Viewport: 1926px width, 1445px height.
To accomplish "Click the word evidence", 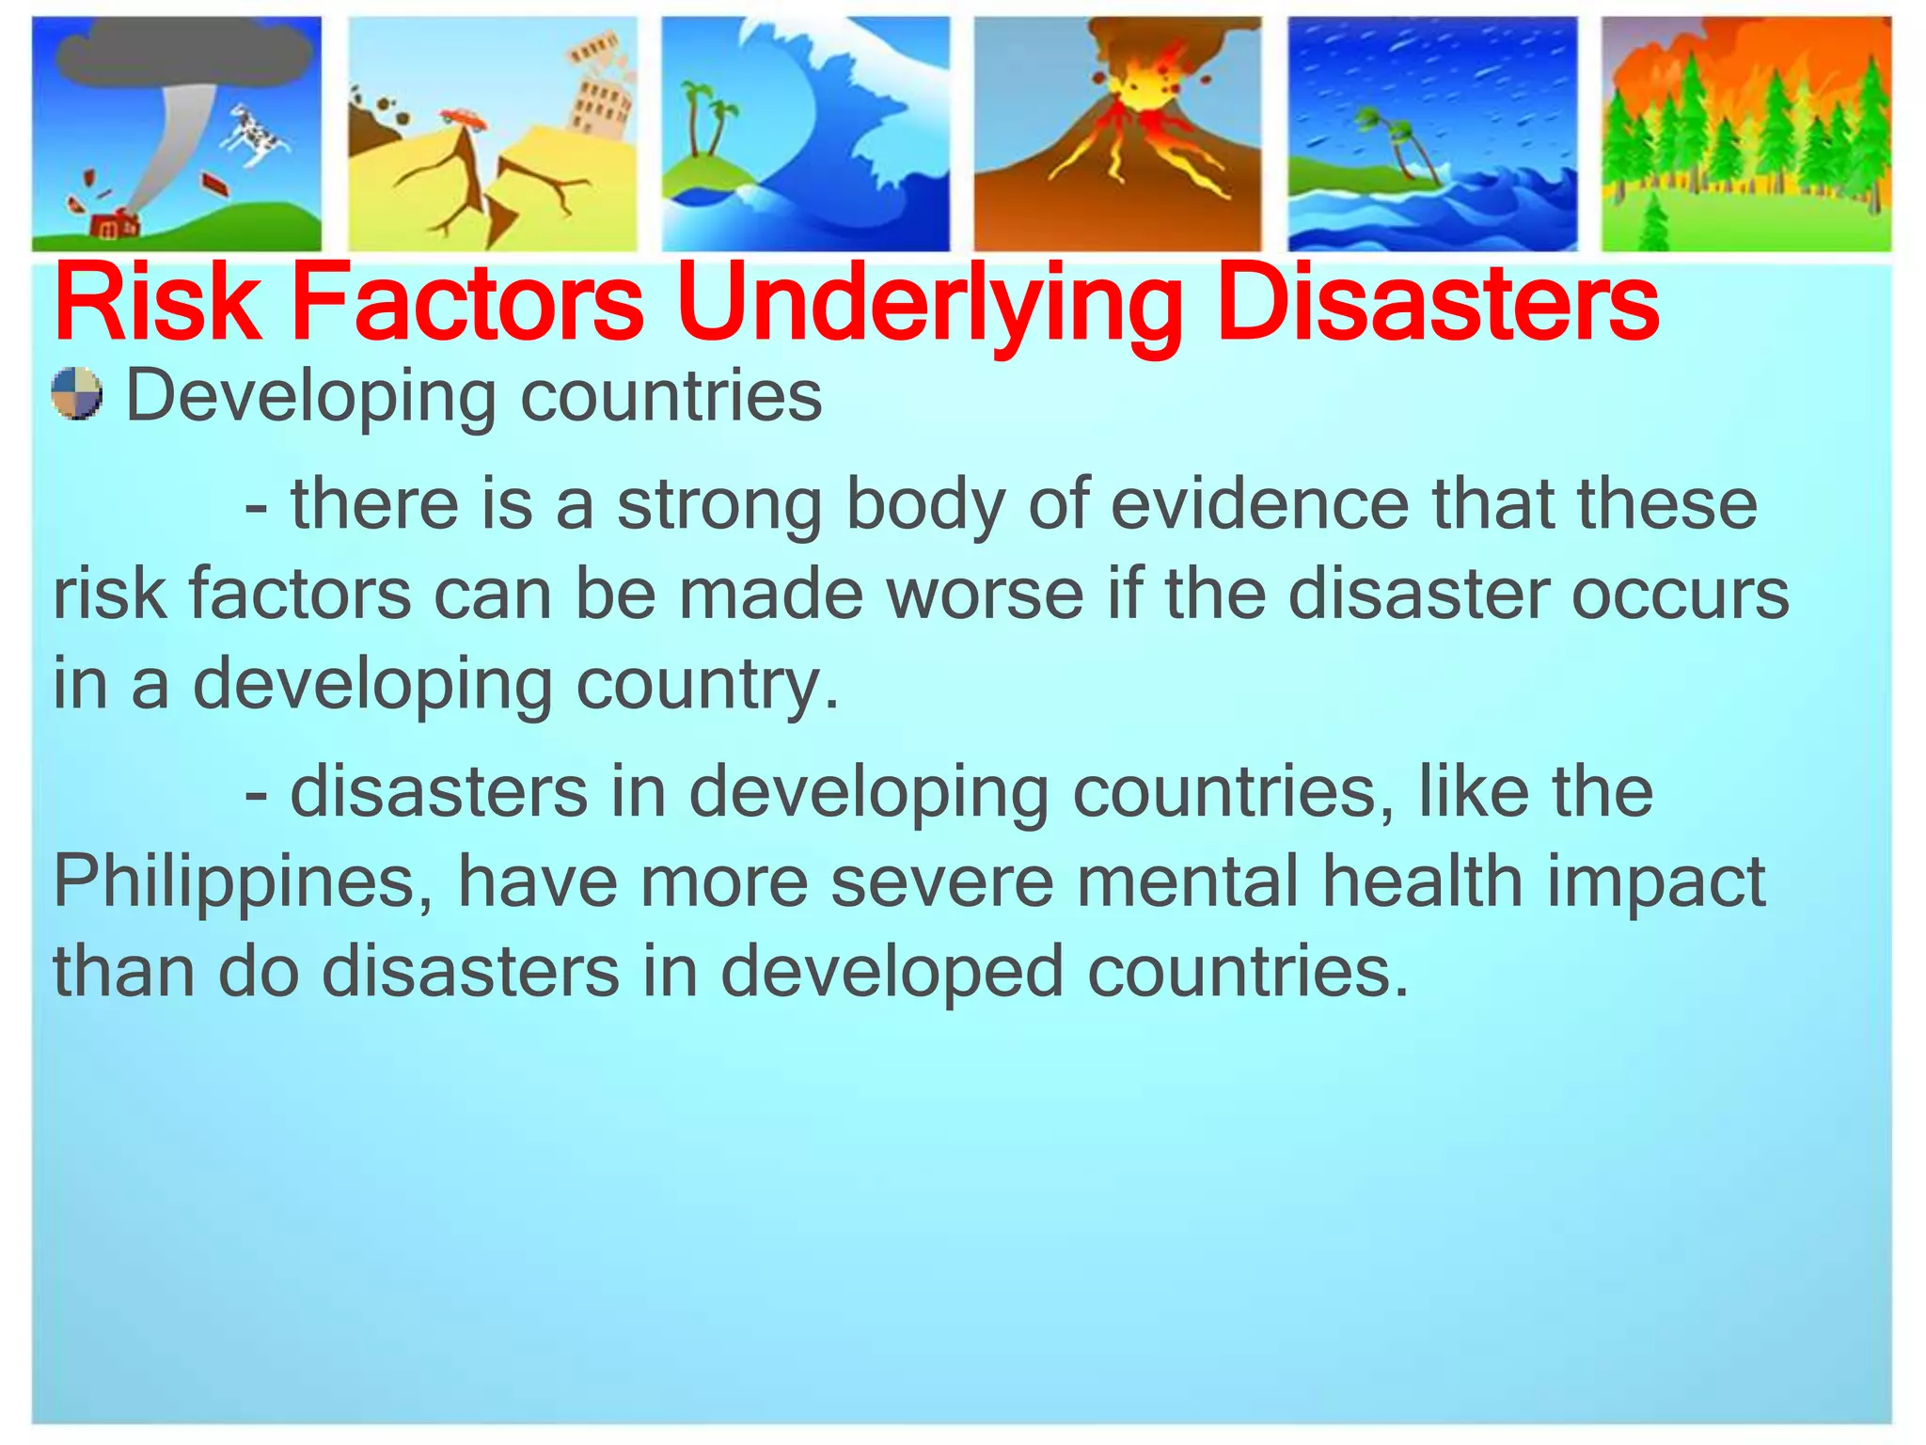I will (1260, 505).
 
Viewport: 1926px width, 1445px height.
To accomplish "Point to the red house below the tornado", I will (113, 227).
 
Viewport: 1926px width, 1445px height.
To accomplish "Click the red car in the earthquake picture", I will (463, 118).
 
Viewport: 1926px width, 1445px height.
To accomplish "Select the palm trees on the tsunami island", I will (707, 118).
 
